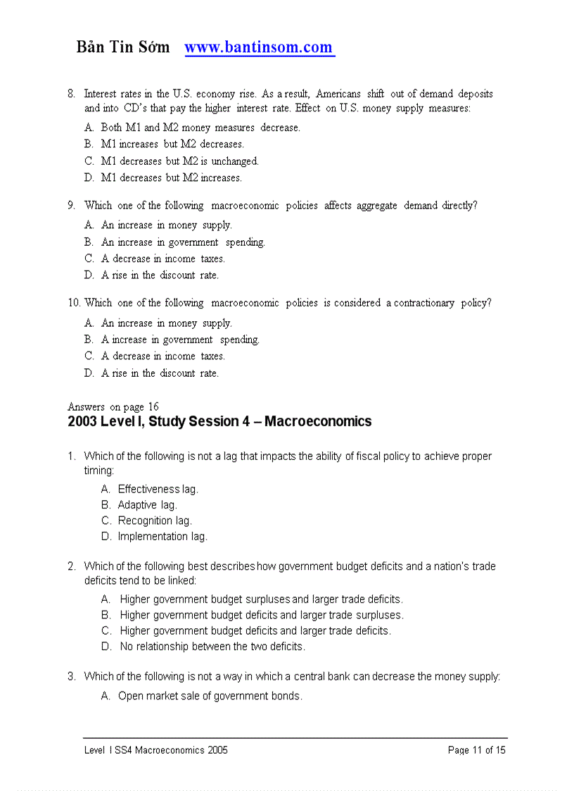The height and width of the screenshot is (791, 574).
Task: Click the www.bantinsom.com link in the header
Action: [258, 48]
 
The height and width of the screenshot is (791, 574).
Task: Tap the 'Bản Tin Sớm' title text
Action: [123, 48]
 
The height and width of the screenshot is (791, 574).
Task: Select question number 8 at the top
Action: [71, 94]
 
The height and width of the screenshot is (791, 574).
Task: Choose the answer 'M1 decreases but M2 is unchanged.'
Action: [179, 161]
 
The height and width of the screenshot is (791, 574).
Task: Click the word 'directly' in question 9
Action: [459, 206]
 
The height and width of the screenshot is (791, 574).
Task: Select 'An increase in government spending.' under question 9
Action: [183, 242]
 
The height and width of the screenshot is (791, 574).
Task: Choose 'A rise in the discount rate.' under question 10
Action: [160, 373]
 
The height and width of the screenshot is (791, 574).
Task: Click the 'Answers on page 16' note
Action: [113, 406]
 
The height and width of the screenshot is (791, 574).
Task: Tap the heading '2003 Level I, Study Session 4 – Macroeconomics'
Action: [219, 422]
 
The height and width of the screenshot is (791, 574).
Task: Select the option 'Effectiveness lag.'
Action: [158, 489]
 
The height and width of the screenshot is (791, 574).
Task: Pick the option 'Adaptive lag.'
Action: [147, 505]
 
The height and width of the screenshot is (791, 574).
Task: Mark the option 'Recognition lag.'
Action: [155, 521]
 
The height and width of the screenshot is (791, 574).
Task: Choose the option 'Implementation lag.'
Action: [162, 537]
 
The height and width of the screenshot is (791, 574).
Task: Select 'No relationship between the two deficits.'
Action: [212, 647]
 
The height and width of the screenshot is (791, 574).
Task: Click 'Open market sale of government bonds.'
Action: [210, 696]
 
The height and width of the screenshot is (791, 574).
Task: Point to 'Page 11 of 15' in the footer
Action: [476, 750]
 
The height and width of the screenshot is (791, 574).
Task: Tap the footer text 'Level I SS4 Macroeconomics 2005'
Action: [156, 750]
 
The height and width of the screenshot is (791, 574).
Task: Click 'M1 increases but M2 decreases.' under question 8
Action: [172, 144]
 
